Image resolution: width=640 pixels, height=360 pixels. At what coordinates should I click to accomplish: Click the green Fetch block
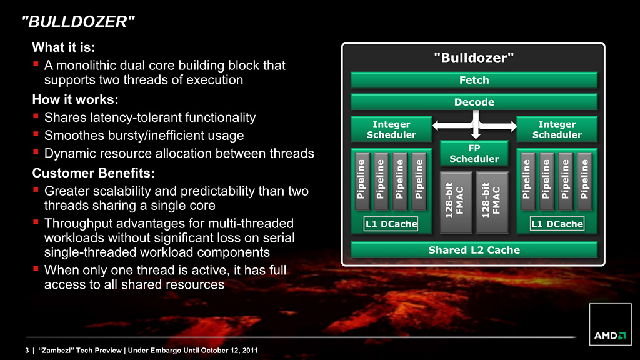[474, 80]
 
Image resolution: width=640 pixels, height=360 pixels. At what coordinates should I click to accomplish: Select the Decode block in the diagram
[474, 102]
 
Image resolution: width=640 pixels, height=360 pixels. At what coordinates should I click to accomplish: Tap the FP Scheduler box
[474, 154]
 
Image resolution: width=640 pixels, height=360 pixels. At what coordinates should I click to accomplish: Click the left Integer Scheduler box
[391, 129]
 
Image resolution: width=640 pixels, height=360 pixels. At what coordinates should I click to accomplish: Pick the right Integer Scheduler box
[557, 129]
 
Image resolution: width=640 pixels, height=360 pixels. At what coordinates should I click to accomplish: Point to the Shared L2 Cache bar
[474, 250]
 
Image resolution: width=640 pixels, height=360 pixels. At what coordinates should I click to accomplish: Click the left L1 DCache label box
[391, 224]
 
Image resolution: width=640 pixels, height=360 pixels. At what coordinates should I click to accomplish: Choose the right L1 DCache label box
[557, 224]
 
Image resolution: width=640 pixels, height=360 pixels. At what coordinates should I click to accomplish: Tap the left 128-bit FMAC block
[456, 202]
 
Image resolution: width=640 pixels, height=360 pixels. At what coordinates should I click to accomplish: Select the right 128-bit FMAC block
[492, 202]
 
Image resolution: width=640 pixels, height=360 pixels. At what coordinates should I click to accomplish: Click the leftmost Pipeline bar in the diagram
[362, 181]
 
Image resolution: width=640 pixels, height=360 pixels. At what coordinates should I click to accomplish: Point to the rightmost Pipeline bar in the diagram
[585, 181]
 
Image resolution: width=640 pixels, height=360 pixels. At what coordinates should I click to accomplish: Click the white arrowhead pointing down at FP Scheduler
[476, 135]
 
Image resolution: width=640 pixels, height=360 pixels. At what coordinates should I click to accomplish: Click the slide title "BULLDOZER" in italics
[78, 22]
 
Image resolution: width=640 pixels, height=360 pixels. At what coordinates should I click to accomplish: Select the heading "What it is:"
[64, 47]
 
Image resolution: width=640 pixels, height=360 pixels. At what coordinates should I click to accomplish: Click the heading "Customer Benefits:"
[94, 173]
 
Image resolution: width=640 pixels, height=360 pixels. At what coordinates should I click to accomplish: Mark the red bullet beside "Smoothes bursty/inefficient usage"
[36, 134]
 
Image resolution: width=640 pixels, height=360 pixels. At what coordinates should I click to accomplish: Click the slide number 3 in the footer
[27, 350]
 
